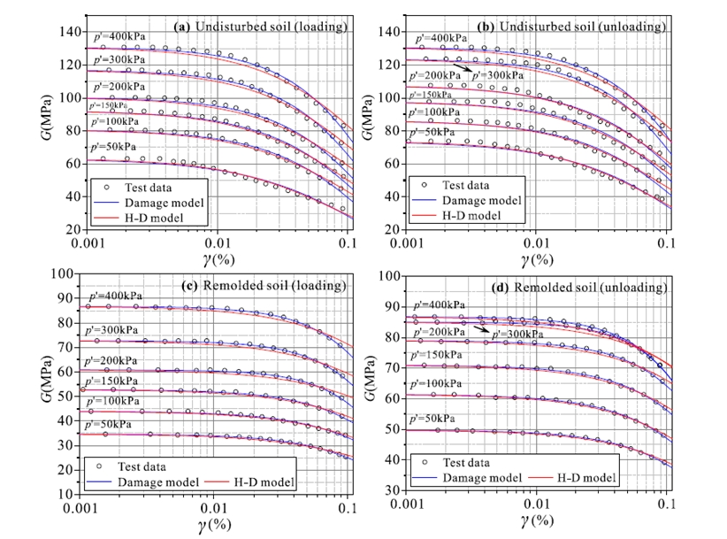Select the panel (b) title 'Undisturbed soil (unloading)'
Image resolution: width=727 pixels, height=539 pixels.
(580, 27)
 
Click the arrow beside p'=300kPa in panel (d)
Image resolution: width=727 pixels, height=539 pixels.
(480, 329)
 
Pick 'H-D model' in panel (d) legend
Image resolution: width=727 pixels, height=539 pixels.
(584, 477)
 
